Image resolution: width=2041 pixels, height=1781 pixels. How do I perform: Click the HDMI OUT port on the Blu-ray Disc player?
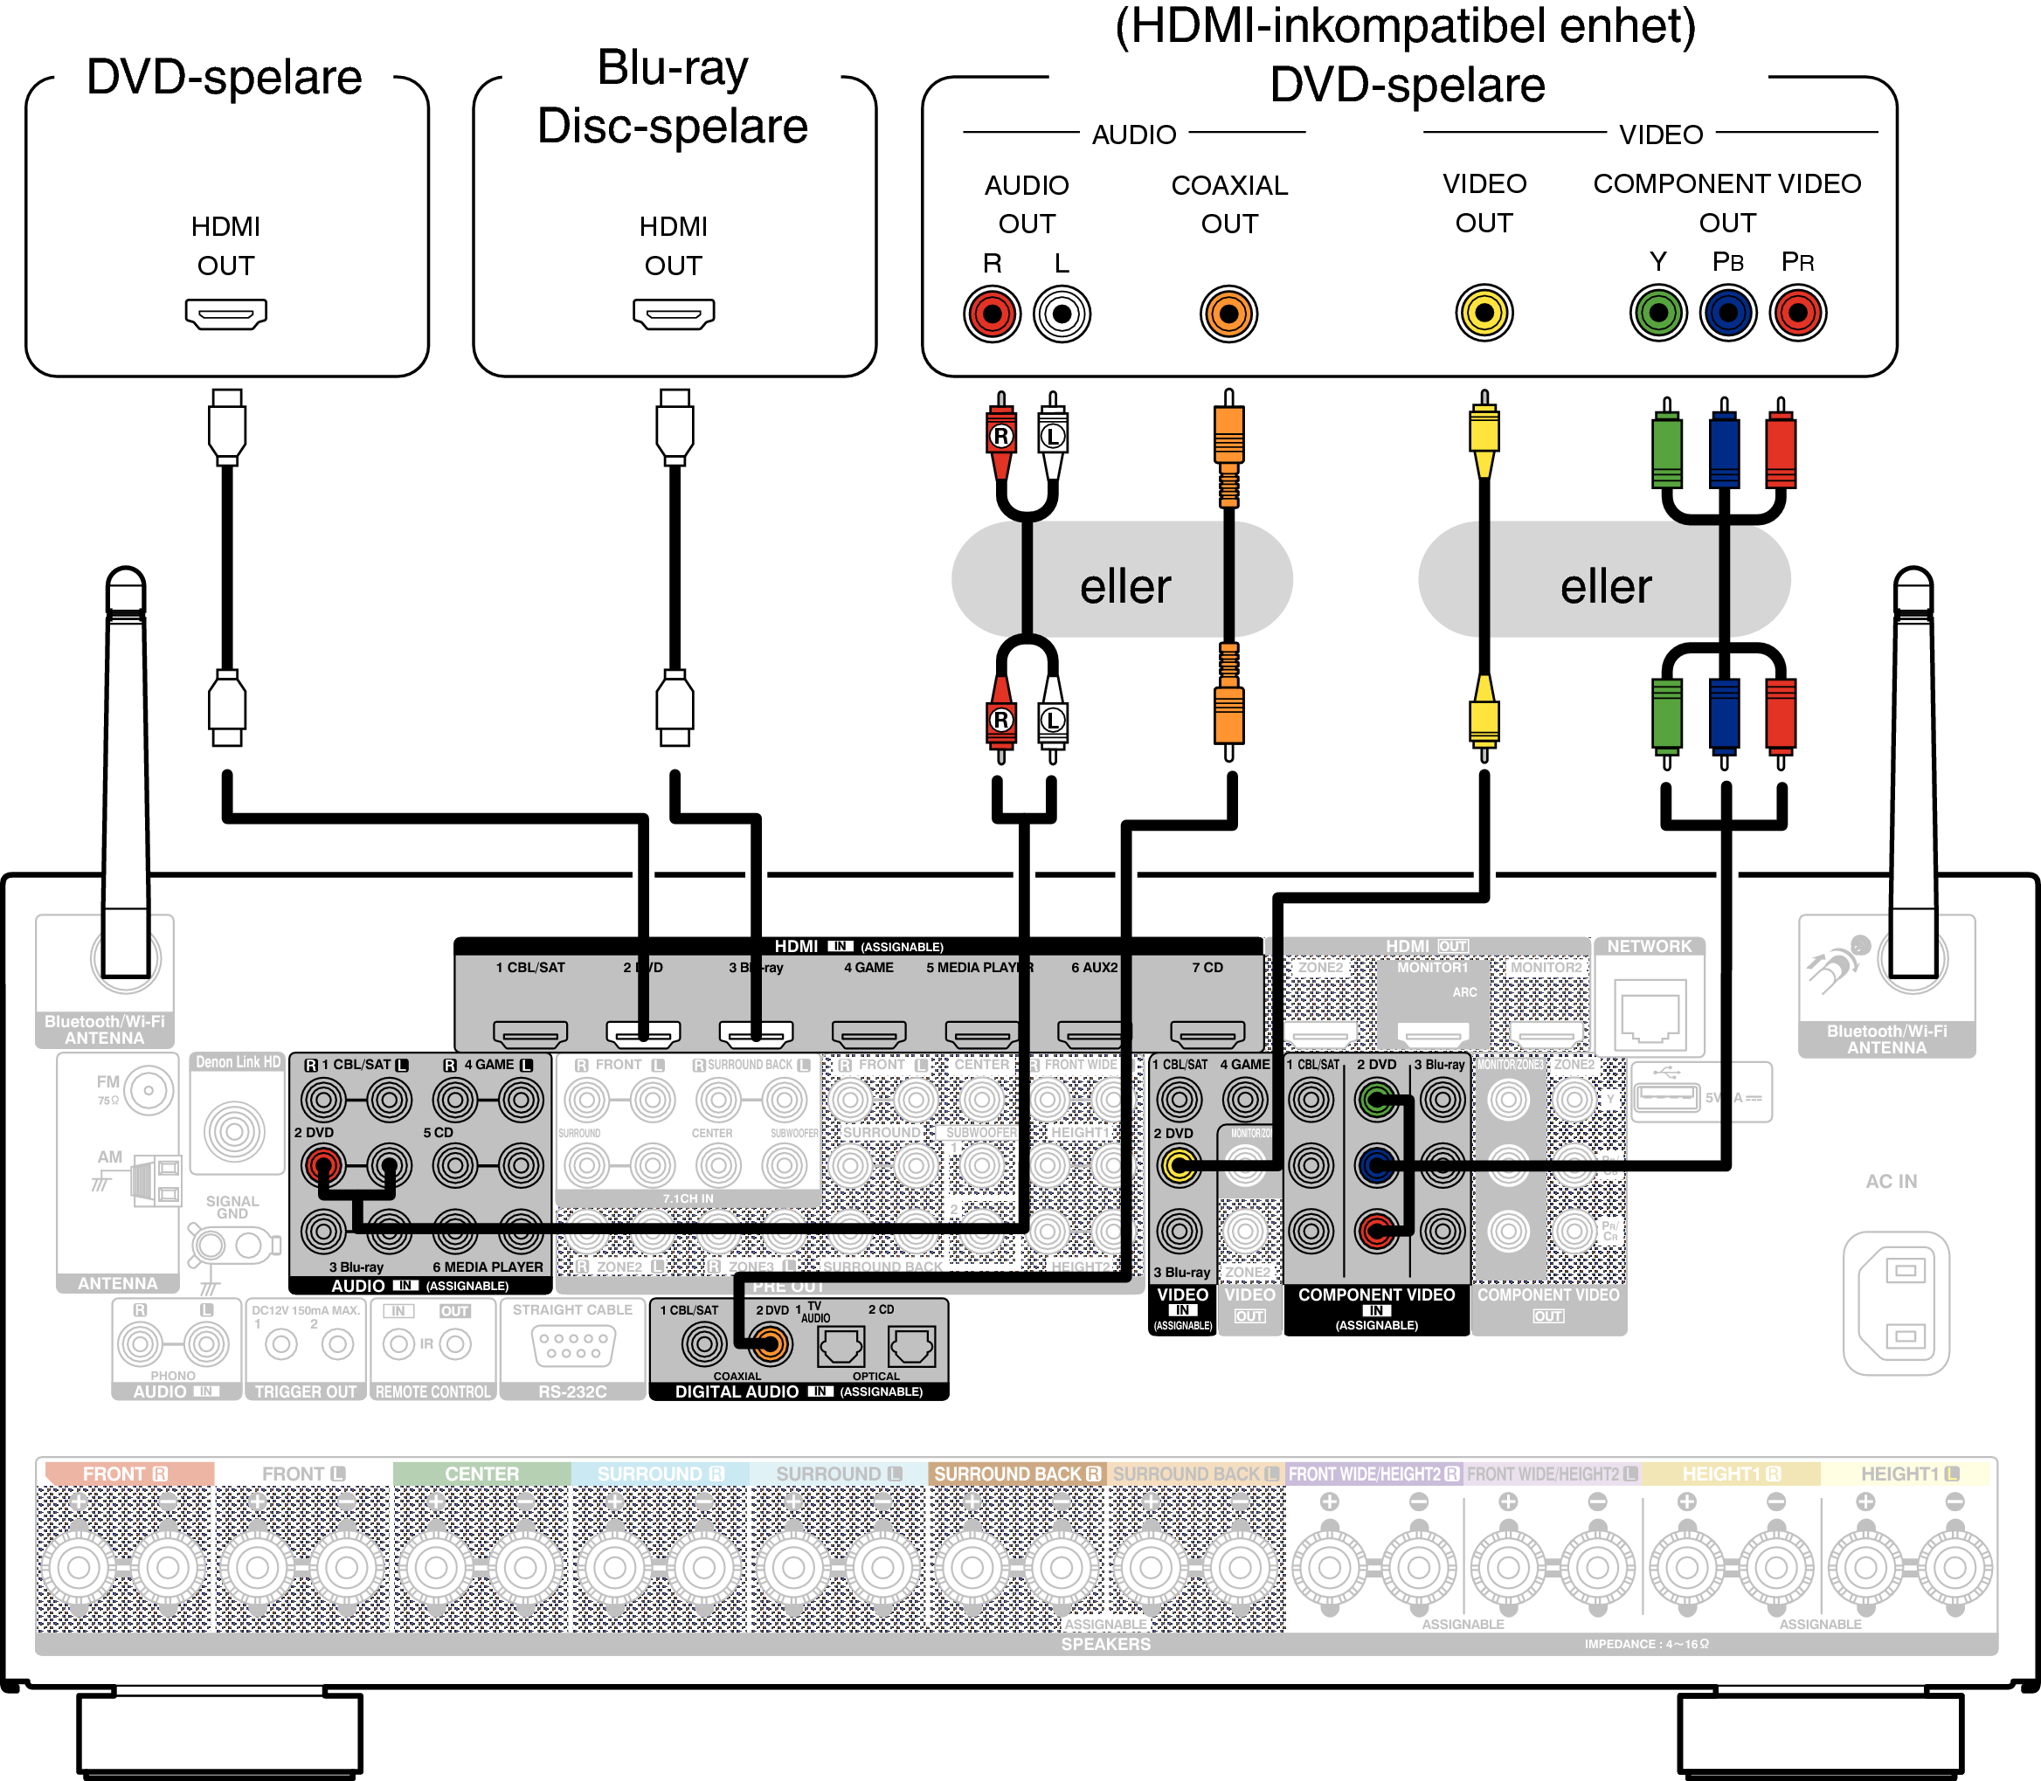pyautogui.click(x=673, y=314)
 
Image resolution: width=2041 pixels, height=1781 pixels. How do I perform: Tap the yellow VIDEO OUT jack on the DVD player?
pyautogui.click(x=1484, y=313)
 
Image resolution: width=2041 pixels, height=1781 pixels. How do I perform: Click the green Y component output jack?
pyautogui.click(x=1657, y=313)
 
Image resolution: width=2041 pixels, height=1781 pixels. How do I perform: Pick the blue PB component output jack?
pyautogui.click(x=1728, y=313)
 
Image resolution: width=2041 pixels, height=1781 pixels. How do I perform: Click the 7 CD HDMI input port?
pyautogui.click(x=1207, y=1033)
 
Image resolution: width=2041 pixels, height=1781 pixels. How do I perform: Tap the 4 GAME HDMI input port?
pyautogui.click(x=868, y=1033)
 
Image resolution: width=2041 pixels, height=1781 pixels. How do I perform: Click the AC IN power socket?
pyautogui.click(x=1895, y=1303)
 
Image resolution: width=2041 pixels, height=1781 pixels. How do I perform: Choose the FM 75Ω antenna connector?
pyautogui.click(x=149, y=1090)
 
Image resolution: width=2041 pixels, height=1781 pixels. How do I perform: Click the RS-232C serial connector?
pyautogui.click(x=574, y=1346)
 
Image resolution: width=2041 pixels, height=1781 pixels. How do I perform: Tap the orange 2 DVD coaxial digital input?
pyautogui.click(x=771, y=1346)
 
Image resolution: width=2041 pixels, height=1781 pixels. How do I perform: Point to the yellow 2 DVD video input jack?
pyautogui.click(x=1179, y=1165)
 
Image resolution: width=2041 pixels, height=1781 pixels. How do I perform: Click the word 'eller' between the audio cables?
pyautogui.click(x=1124, y=586)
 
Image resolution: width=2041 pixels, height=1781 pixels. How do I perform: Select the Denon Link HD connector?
pyautogui.click(x=235, y=1131)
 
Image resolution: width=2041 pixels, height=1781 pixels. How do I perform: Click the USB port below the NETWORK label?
pyautogui.click(x=1666, y=1097)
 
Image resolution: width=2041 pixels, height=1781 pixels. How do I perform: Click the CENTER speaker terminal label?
pyautogui.click(x=481, y=1473)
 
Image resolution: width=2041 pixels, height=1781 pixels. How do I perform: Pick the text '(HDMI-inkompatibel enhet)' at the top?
pyautogui.click(x=1405, y=26)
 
